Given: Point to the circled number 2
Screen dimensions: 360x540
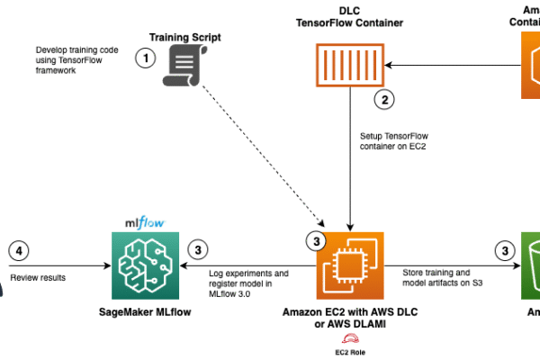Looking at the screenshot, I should click(385, 101).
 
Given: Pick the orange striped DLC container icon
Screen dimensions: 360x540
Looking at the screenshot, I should click(349, 63).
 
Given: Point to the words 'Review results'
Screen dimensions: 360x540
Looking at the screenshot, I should click(39, 278).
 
